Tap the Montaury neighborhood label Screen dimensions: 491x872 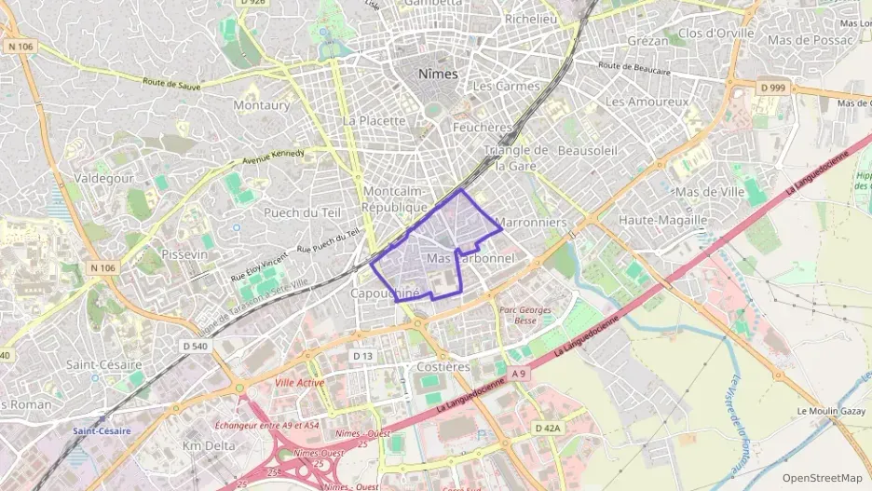(x=261, y=105)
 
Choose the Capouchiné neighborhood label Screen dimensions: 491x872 (x=385, y=293)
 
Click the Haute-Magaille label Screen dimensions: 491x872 (x=662, y=220)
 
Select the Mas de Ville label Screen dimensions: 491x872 (x=713, y=192)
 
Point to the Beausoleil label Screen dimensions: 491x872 (x=587, y=150)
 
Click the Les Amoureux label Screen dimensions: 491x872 (x=647, y=101)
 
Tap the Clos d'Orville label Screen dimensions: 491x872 (x=715, y=33)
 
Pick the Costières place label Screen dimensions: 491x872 (x=443, y=367)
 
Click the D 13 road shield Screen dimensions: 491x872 (x=363, y=356)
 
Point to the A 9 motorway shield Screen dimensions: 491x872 (x=519, y=375)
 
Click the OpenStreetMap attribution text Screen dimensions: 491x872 (x=821, y=478)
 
